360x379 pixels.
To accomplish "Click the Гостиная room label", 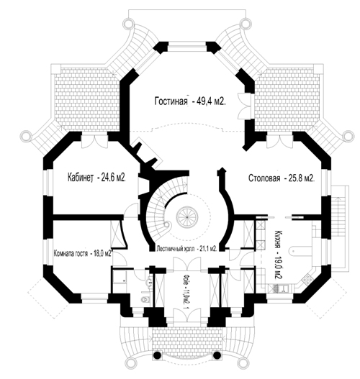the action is tap(171, 101).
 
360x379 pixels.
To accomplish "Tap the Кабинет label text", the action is tap(81, 178).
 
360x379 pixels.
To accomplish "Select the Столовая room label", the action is tap(264, 178).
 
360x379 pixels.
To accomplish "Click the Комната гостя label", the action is tap(71, 254).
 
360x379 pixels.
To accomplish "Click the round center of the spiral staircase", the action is tap(186, 216).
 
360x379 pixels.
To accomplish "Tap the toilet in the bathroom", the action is tap(145, 300).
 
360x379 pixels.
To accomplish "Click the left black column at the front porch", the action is tap(157, 355).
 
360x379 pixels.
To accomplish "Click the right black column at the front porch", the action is tap(217, 355).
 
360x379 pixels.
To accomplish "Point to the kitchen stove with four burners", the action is tap(308, 279).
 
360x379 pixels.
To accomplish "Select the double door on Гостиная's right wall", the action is tap(244, 106).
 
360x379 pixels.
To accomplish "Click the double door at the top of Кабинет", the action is tap(94, 141).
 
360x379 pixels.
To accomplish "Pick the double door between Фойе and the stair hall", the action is tap(187, 264).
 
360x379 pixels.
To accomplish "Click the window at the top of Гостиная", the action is tap(187, 47).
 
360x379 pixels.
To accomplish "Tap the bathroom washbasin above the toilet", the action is tap(150, 281).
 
